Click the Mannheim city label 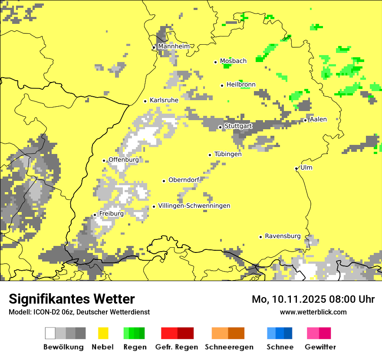(x=174, y=46)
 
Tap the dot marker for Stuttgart (x=220, y=127)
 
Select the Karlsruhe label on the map (x=164, y=100)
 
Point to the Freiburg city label (x=111, y=213)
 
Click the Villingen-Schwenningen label (x=194, y=206)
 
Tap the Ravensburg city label (x=283, y=236)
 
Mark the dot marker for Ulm (x=296, y=169)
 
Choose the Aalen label (x=318, y=119)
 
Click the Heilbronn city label (x=241, y=84)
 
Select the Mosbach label (x=233, y=61)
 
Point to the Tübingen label (x=228, y=154)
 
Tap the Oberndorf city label (x=184, y=180)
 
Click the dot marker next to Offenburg (x=104, y=160)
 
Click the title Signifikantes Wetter (x=72, y=299)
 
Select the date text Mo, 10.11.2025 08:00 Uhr (x=313, y=299)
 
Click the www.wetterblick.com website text (x=313, y=312)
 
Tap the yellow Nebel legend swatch (x=103, y=333)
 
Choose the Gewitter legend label (x=320, y=347)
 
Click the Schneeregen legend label (x=229, y=347)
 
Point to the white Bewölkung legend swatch (x=50, y=333)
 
